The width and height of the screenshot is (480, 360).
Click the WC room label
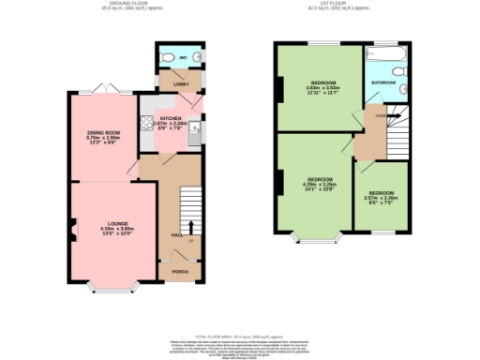click(183, 57)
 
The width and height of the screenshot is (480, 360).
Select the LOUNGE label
click(117, 223)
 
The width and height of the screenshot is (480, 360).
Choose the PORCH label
click(180, 272)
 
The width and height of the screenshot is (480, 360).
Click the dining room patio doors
click(101, 88)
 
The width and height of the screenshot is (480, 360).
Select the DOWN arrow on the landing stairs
click(382, 115)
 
